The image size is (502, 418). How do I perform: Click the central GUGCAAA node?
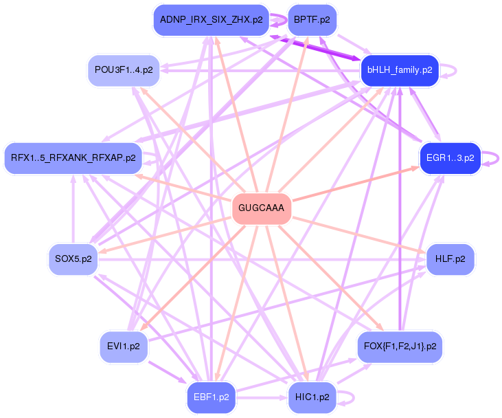click(262, 208)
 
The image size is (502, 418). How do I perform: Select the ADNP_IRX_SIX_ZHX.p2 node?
click(211, 19)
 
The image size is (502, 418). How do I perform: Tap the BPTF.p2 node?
click(312, 19)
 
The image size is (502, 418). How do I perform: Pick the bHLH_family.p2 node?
click(400, 70)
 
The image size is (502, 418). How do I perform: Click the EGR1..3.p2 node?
click(450, 157)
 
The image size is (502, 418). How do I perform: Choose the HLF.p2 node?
click(450, 259)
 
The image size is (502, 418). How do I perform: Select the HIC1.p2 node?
click(312, 397)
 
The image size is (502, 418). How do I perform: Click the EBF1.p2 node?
click(212, 397)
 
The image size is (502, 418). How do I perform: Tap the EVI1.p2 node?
click(124, 346)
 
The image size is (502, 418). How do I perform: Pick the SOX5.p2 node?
click(73, 259)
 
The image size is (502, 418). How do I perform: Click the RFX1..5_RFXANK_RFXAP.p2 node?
click(73, 157)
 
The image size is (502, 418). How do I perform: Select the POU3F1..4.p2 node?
click(124, 70)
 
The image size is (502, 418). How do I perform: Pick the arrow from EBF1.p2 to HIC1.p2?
click(262, 397)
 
